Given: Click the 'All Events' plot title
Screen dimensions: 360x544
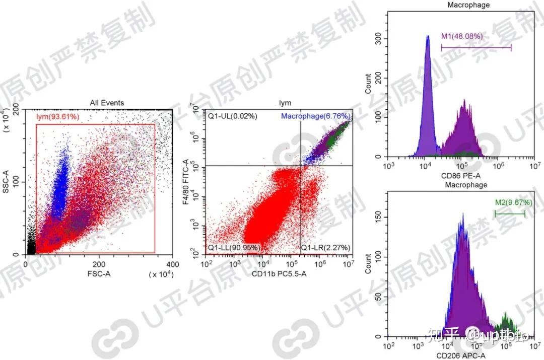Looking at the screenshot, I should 107,103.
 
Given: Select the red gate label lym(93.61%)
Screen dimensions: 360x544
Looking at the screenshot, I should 57,118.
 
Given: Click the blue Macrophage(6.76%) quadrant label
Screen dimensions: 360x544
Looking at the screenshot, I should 315,116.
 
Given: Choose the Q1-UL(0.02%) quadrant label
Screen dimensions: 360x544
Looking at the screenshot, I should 233,116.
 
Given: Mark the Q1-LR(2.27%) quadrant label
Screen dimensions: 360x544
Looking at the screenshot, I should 325,248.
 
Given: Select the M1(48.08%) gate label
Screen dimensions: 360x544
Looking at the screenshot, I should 462,36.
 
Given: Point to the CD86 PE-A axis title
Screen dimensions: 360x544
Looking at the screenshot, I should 461,176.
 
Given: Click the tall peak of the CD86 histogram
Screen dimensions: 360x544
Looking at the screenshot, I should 428,38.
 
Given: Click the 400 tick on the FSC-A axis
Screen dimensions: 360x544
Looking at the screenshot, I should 172,265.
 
